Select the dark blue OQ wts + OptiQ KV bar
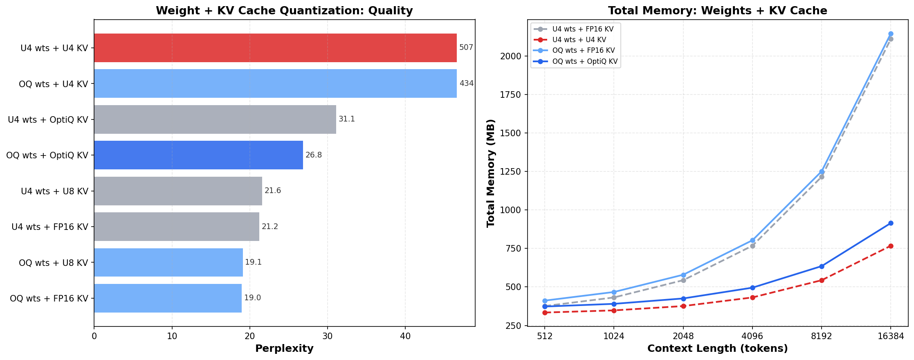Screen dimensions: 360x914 tap(198, 155)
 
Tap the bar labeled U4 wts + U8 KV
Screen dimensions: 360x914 tap(178, 191)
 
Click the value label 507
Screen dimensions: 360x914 tap(466, 47)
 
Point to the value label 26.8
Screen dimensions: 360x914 tap(314, 155)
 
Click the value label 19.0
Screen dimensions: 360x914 tap(252, 298)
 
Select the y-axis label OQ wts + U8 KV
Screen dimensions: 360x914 tap(54, 263)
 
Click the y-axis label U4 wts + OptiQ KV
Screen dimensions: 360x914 tap(48, 119)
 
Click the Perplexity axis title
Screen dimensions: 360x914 tap(284, 349)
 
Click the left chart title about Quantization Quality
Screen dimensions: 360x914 tap(284, 11)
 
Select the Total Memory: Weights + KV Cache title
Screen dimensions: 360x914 tap(717, 11)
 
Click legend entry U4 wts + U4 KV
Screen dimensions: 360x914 tap(579, 40)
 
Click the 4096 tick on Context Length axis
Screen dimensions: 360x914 tap(752, 336)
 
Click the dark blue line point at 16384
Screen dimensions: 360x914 tap(891, 223)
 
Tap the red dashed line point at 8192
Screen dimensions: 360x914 tap(822, 280)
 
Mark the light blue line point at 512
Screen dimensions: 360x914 tap(545, 301)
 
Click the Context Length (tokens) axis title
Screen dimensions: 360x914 tap(717, 349)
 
